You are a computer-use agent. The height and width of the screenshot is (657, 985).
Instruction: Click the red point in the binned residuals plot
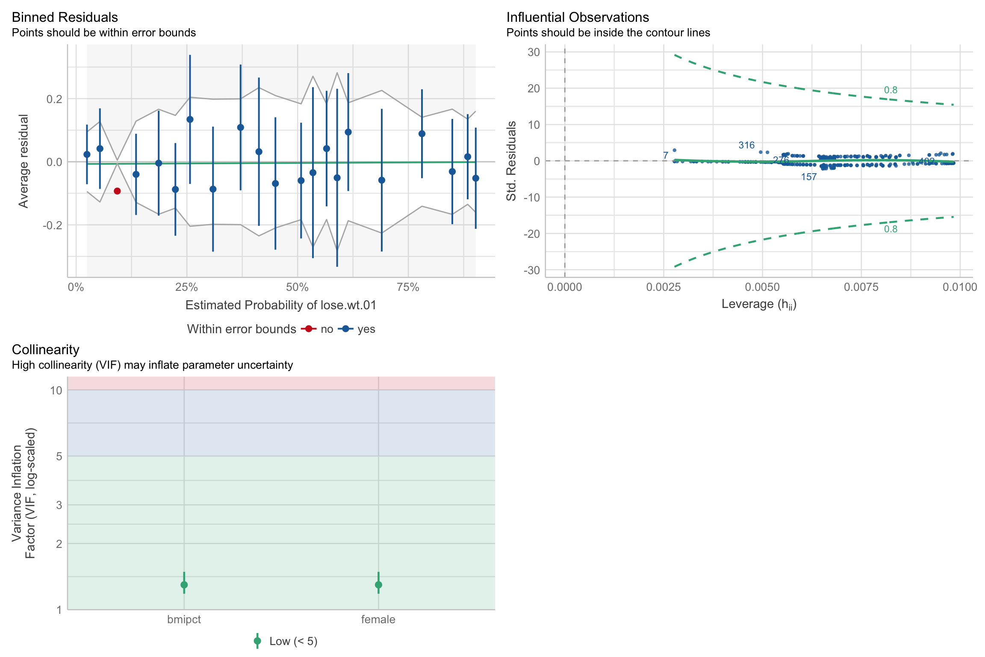(x=117, y=191)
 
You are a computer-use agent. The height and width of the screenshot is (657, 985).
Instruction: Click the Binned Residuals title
(x=65, y=17)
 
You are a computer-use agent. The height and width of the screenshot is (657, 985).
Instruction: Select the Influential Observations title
(x=578, y=17)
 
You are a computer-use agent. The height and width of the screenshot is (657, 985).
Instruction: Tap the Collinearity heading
(x=46, y=349)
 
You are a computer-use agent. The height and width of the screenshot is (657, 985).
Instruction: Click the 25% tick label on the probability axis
(x=186, y=287)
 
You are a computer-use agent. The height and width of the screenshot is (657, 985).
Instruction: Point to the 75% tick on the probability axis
(x=408, y=287)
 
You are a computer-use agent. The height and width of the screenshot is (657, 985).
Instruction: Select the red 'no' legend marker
(x=308, y=329)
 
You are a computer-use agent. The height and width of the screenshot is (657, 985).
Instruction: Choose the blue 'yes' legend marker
(x=345, y=329)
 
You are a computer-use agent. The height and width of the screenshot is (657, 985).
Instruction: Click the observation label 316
(x=746, y=145)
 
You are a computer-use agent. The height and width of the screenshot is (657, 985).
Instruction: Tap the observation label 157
(x=809, y=177)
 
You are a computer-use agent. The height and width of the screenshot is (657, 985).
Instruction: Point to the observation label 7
(x=666, y=155)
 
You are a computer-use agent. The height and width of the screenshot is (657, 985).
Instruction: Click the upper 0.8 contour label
(x=891, y=90)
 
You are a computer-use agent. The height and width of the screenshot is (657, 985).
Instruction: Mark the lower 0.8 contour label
(x=891, y=229)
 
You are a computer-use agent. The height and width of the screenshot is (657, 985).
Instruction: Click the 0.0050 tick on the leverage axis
(x=762, y=287)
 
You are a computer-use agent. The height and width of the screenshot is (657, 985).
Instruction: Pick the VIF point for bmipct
(x=184, y=585)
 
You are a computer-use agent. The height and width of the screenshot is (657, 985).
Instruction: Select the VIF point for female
(x=378, y=585)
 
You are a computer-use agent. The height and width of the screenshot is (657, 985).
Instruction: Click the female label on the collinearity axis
(x=378, y=619)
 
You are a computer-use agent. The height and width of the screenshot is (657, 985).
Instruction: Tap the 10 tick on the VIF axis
(x=56, y=391)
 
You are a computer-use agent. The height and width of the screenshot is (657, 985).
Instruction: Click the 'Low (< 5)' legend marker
(x=257, y=641)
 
